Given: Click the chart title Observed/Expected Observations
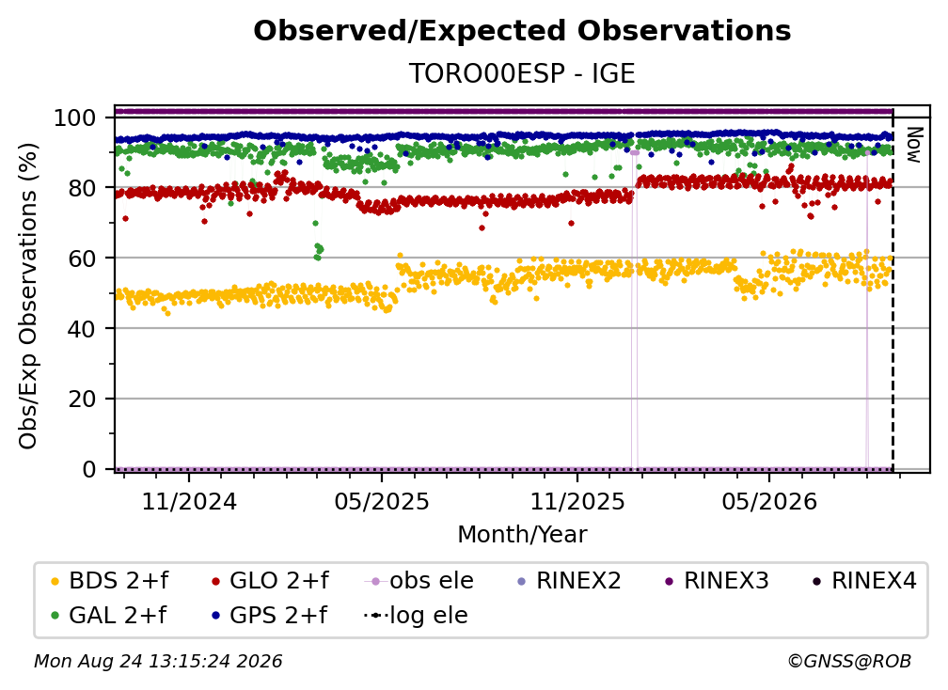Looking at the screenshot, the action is (522, 31).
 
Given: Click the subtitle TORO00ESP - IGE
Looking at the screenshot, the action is (522, 73).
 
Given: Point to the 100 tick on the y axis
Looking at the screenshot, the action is (75, 118).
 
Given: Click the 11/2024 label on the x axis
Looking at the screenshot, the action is (189, 501).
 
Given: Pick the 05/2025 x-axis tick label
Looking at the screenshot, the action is (382, 501).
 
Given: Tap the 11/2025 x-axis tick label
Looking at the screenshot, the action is (577, 501).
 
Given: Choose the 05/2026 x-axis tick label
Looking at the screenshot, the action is (769, 501).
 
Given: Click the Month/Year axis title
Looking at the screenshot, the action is (522, 534).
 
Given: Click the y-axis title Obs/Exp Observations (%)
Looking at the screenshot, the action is (28, 296).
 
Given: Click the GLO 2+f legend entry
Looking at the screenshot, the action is (270, 581).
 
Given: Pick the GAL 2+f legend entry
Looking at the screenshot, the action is (108, 615).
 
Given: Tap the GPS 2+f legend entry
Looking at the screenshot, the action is (269, 615).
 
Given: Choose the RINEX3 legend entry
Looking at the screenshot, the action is (717, 581).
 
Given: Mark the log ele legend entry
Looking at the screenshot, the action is (416, 615).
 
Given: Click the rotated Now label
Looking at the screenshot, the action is (914, 145).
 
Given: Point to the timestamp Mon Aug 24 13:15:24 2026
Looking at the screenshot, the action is (158, 661).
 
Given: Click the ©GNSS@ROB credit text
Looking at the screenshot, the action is (849, 661).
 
